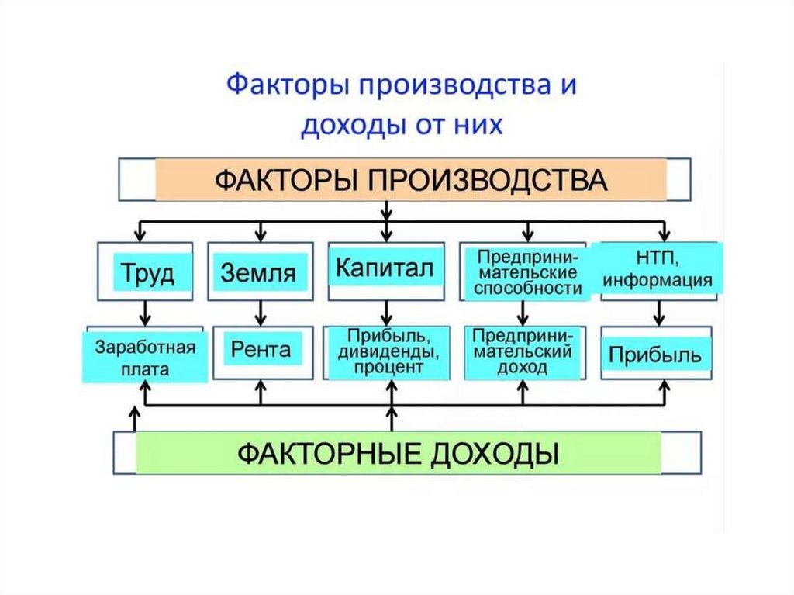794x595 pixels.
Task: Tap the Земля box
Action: (x=258, y=273)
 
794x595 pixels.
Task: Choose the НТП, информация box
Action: (x=658, y=268)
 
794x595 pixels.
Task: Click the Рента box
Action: (x=261, y=350)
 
